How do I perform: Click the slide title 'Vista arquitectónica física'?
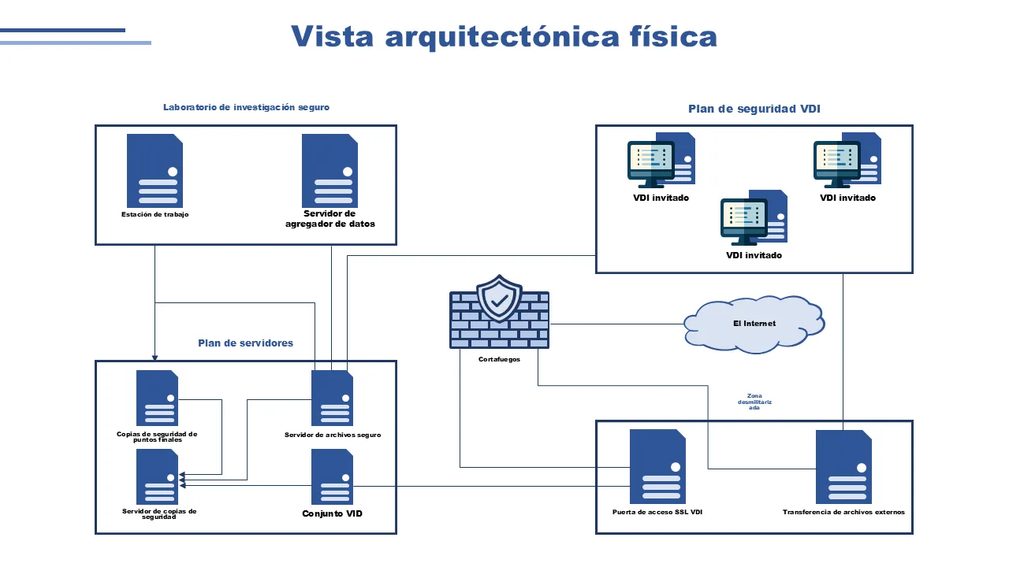(x=504, y=36)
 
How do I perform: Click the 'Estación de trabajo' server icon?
(x=155, y=171)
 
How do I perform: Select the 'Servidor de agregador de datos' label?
(x=330, y=219)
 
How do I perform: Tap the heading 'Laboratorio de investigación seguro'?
(x=246, y=107)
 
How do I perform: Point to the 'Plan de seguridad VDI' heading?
(x=754, y=109)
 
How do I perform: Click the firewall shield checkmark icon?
(x=499, y=299)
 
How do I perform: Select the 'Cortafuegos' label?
(x=499, y=359)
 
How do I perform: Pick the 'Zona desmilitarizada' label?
(x=754, y=402)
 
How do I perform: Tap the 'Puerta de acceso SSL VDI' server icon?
(x=657, y=466)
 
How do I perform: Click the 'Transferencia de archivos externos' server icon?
(x=843, y=467)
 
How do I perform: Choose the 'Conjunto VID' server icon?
(x=332, y=476)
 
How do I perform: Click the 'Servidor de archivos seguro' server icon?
(x=332, y=398)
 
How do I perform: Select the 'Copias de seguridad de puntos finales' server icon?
(x=157, y=398)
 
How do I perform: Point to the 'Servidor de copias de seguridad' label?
(x=159, y=513)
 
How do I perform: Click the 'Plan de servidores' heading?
(x=245, y=343)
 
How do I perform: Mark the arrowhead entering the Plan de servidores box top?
(x=155, y=357)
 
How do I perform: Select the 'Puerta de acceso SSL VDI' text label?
(x=657, y=512)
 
